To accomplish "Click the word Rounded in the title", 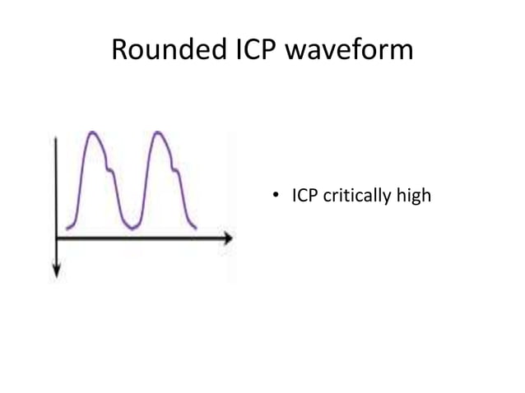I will [163, 51].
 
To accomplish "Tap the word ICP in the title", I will [250, 51].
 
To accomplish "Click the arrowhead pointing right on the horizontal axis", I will [227, 238].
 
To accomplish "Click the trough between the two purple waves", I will [129, 226].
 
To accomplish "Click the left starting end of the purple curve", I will [67, 228].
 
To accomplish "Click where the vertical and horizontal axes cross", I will [56, 238].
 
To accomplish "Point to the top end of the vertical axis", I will [56, 138].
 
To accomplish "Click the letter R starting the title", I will [119, 51].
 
